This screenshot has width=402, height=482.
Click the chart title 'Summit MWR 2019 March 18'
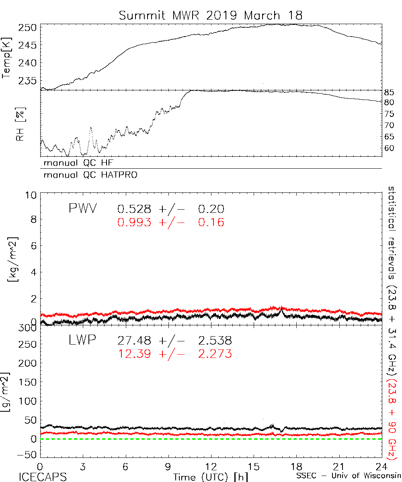210,16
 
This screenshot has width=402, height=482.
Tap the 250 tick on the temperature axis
28,28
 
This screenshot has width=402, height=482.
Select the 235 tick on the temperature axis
28,80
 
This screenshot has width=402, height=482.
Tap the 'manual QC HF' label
76,163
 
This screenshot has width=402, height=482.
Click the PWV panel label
82,209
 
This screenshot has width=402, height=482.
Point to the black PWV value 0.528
135,209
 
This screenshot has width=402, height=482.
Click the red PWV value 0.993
135,222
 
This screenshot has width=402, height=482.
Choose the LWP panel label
82,341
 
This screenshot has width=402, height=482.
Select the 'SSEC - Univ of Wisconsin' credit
348,477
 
